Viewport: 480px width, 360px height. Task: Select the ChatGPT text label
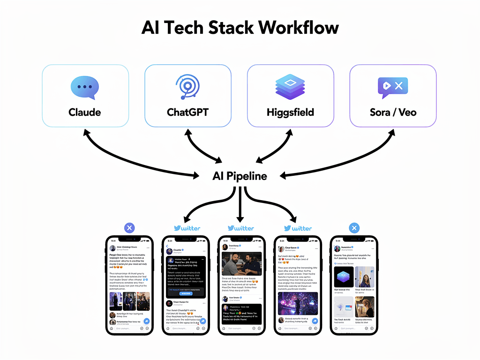tap(187, 112)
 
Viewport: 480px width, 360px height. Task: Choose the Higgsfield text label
tap(290, 112)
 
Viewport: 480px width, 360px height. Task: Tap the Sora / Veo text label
tap(393, 112)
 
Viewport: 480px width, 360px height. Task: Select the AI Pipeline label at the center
tap(240, 176)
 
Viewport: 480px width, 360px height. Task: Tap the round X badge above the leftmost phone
tap(130, 228)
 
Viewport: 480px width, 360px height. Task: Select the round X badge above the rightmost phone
tap(354, 228)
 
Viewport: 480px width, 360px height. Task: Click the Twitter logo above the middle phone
tap(240, 228)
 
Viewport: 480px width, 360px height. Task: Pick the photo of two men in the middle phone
tap(240, 264)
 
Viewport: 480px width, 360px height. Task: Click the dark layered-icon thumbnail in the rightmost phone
tap(344, 277)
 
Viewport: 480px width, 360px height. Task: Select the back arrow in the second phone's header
tap(167, 246)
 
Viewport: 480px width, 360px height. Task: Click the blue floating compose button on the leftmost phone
tap(146, 321)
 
